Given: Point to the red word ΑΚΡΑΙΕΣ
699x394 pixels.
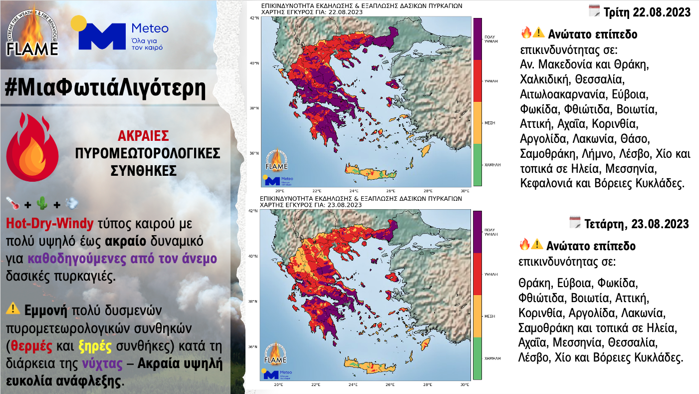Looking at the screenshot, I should pyautogui.click(x=143, y=136).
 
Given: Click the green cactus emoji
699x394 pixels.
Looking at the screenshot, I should pyautogui.click(x=43, y=204).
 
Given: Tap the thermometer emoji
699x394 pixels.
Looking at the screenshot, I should pyautogui.click(x=13, y=204).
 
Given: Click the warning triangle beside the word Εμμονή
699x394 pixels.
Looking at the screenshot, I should pyautogui.click(x=13, y=309).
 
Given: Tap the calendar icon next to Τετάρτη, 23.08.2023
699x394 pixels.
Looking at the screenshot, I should pyautogui.click(x=575, y=223).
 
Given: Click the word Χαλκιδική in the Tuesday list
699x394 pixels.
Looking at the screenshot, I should pyautogui.click(x=545, y=79).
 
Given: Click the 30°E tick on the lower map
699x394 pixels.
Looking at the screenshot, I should pyautogui.click(x=464, y=385).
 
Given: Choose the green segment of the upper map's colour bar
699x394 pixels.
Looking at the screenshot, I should pyautogui.click(x=477, y=164).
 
